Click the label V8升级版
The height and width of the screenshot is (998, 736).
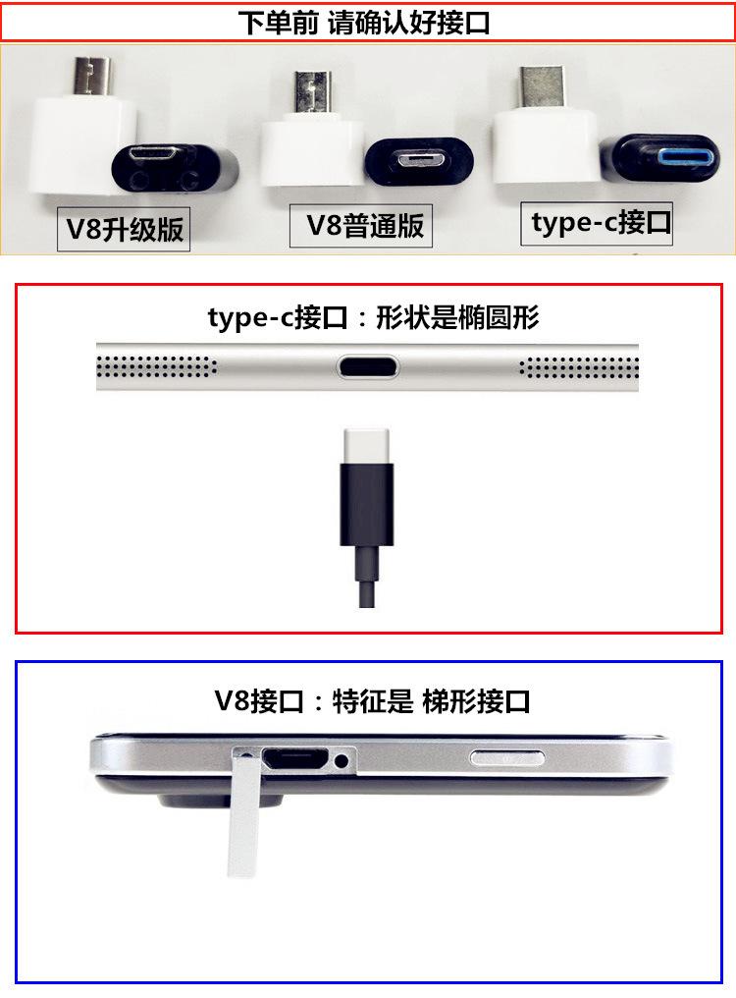pos(124,229)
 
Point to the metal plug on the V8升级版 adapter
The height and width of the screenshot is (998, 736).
pos(91,76)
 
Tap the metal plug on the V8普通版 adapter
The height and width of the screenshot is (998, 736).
pos(312,92)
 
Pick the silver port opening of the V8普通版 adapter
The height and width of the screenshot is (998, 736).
pos(419,158)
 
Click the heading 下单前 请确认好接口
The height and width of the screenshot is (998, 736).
pos(364,23)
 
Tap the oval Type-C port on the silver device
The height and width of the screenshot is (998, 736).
pos(368,367)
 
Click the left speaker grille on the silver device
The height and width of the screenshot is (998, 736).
pos(156,366)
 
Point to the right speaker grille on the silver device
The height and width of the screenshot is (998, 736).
pos(579,367)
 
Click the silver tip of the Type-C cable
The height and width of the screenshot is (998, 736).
pos(366,447)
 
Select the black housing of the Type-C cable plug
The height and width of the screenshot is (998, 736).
pos(366,505)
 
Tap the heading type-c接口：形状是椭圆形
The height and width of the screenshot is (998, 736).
pos(374,317)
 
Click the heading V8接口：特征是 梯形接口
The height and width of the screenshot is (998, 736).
pos(372,701)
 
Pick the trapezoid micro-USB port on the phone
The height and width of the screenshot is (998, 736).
pos(295,758)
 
